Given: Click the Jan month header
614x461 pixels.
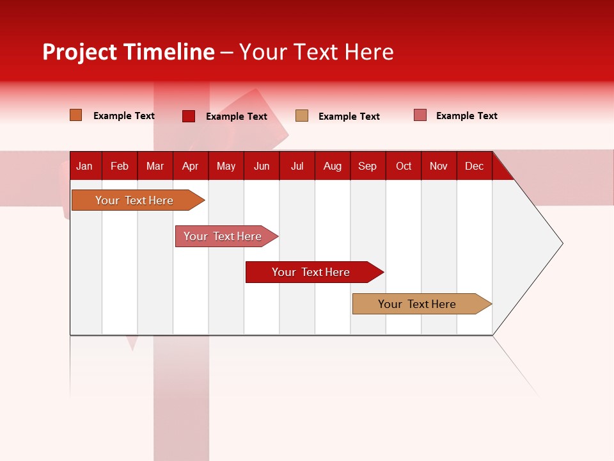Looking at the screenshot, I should click(x=84, y=166).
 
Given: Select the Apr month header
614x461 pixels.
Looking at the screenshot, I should click(x=190, y=166).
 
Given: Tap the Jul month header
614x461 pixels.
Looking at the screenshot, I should click(x=297, y=166).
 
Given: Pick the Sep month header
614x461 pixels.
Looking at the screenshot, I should click(x=367, y=166).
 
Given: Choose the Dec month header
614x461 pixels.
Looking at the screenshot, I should click(x=474, y=166).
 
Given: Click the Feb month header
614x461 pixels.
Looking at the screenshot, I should click(x=120, y=166).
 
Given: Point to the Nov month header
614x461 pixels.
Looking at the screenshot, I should click(x=438, y=166).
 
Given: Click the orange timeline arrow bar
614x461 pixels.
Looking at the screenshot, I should click(x=134, y=200).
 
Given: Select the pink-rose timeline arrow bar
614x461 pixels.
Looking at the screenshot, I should click(x=223, y=236).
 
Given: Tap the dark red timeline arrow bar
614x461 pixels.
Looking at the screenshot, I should click(x=311, y=272).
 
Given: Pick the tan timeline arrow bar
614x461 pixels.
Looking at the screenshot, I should click(x=417, y=304).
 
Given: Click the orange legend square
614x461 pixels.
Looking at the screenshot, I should click(x=76, y=115).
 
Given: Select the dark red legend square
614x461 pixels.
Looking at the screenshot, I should click(x=189, y=116).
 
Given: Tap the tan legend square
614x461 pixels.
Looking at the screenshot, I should click(x=302, y=116).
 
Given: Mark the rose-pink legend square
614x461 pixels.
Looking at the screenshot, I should click(x=420, y=115).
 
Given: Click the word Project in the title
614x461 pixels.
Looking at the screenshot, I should click(x=79, y=52).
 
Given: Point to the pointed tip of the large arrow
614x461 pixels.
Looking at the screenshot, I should click(x=561, y=243).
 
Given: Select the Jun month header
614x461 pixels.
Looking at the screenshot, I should click(x=262, y=166).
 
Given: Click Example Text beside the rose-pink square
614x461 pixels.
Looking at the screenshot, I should click(x=466, y=116).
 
